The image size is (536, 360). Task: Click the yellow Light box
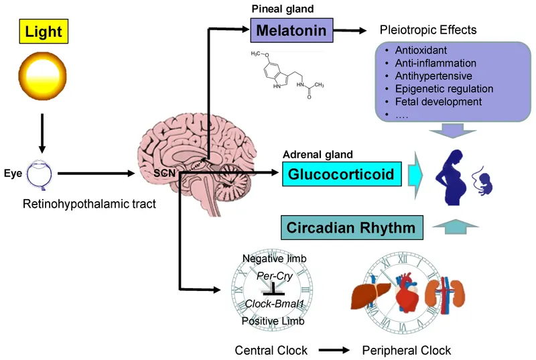[x=43, y=31]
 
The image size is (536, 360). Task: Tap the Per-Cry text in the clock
[x=272, y=275]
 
